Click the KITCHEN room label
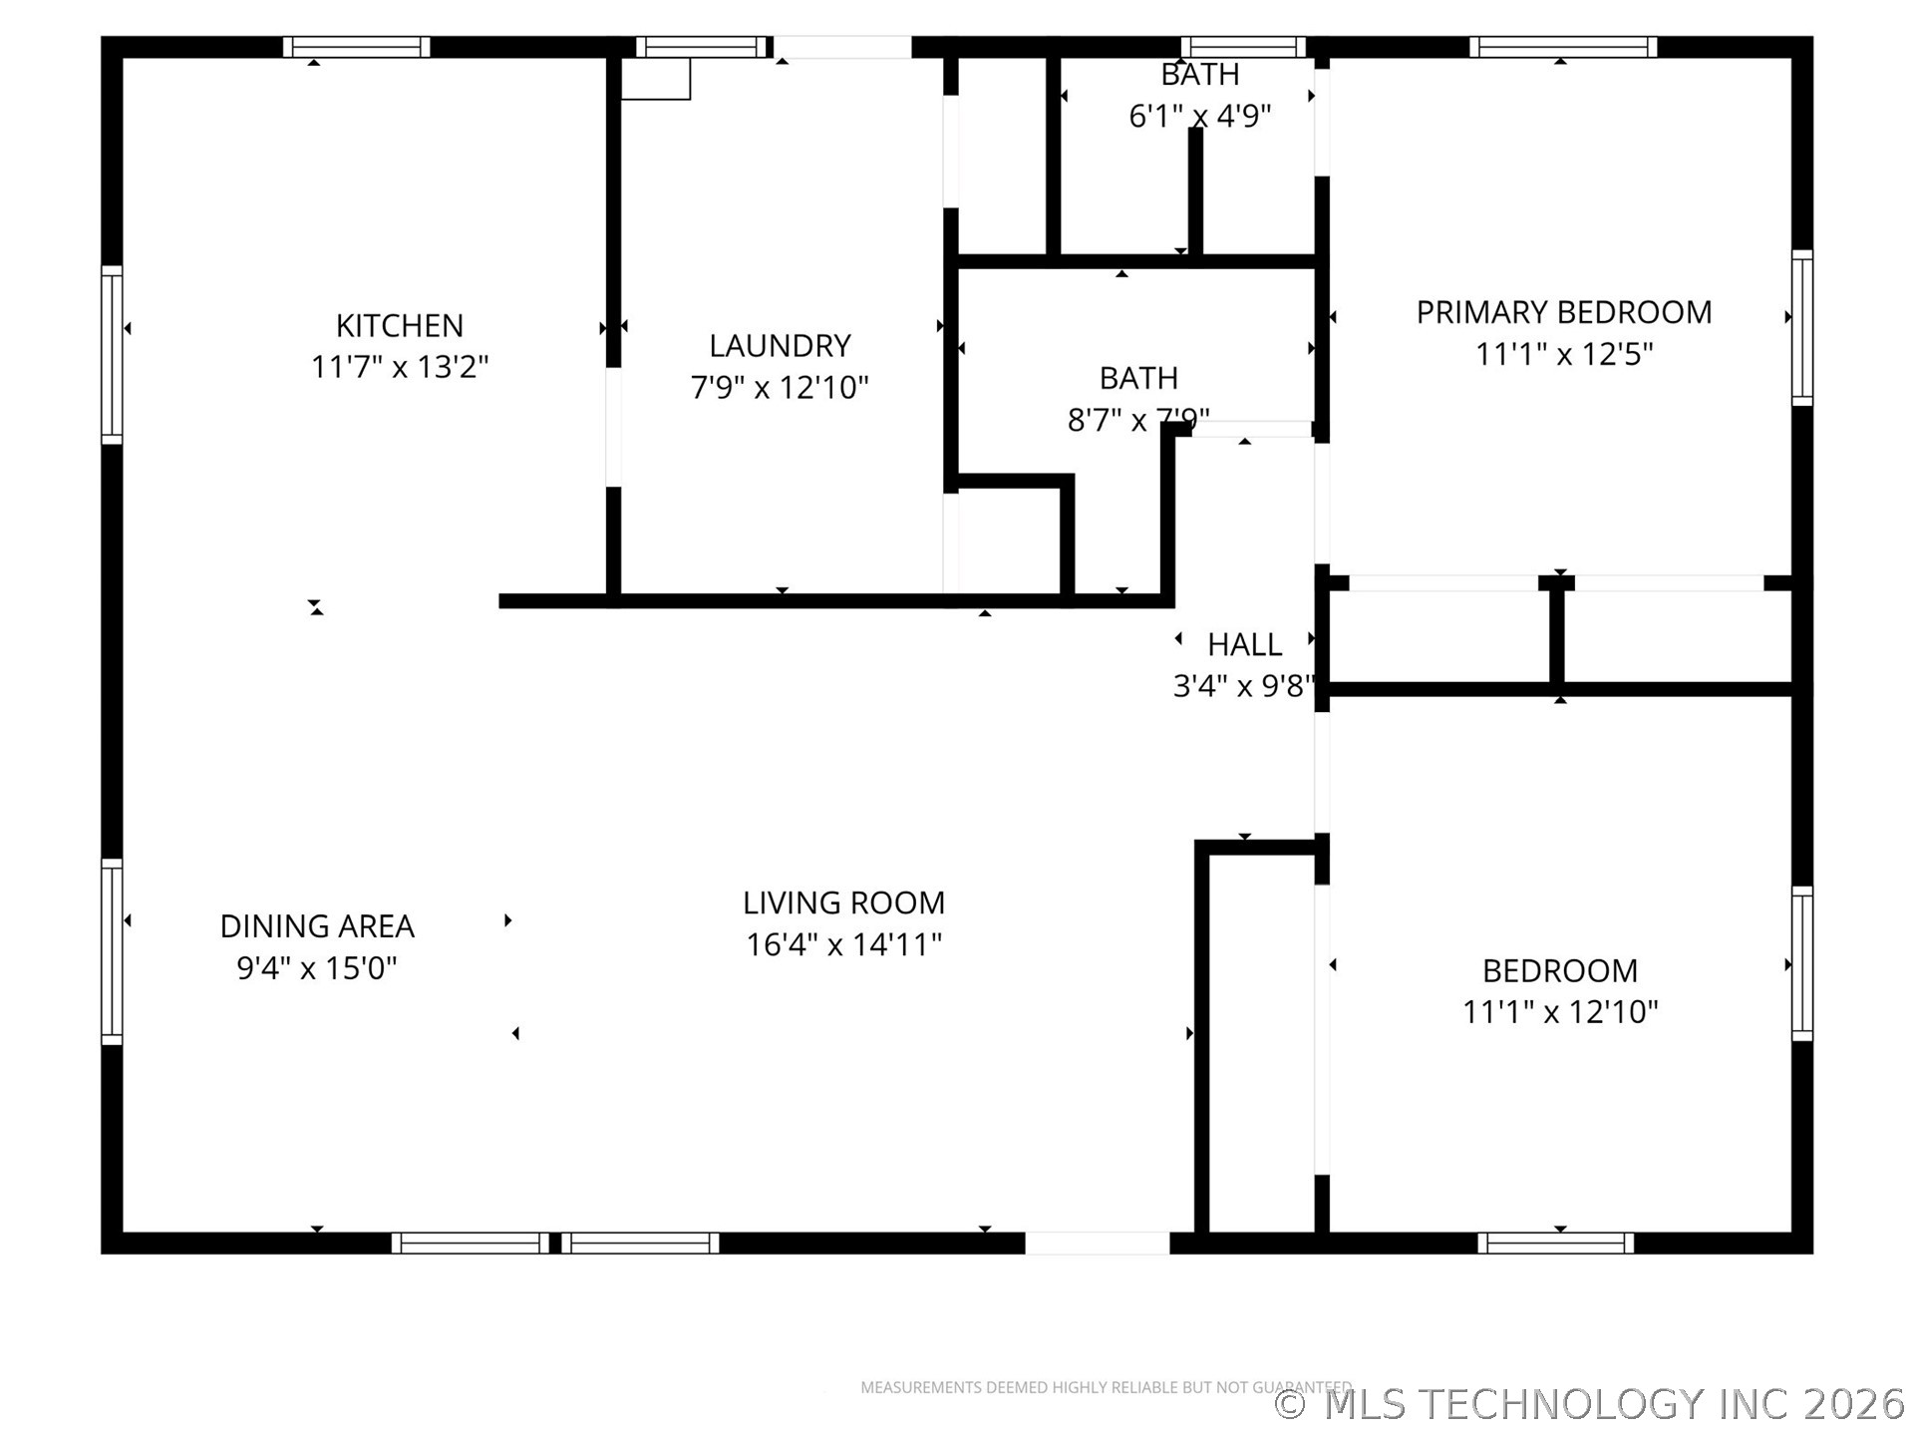399,326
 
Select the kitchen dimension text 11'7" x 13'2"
399,367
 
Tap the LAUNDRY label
780,346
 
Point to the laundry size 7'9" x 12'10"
780,387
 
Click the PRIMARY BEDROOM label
1563,312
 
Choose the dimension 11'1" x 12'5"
1563,354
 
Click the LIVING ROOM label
843,902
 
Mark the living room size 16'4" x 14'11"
843,944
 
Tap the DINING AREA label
317,926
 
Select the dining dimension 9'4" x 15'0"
317,968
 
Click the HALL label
1244,645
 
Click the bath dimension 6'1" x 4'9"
1199,117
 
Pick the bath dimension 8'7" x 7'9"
1137,421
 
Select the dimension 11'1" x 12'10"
1559,1012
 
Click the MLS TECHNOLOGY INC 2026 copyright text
1590,1404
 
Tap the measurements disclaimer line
1106,1387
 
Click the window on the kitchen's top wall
356,47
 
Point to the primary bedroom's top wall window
1562,47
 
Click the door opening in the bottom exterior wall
1097,1244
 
